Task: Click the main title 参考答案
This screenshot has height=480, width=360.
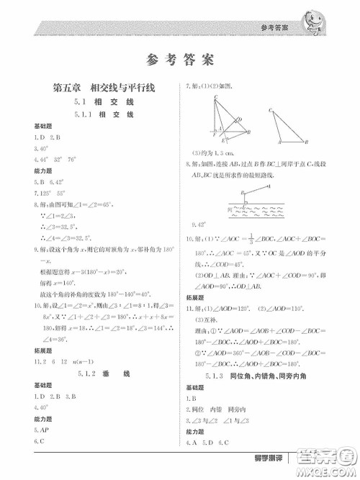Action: [179, 59]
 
